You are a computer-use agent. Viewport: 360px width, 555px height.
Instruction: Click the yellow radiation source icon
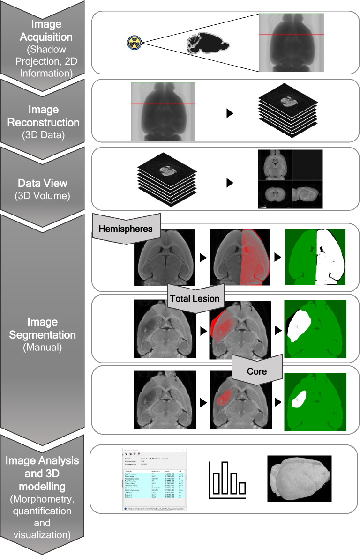(134, 43)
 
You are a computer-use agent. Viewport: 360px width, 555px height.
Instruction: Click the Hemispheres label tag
(126, 229)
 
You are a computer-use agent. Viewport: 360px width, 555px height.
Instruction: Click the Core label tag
(256, 371)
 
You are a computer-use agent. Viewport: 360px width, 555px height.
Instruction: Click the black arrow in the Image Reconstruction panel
(229, 114)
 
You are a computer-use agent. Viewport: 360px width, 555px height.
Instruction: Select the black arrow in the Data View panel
(229, 183)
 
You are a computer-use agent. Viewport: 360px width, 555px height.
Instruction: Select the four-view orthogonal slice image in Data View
(290, 179)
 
